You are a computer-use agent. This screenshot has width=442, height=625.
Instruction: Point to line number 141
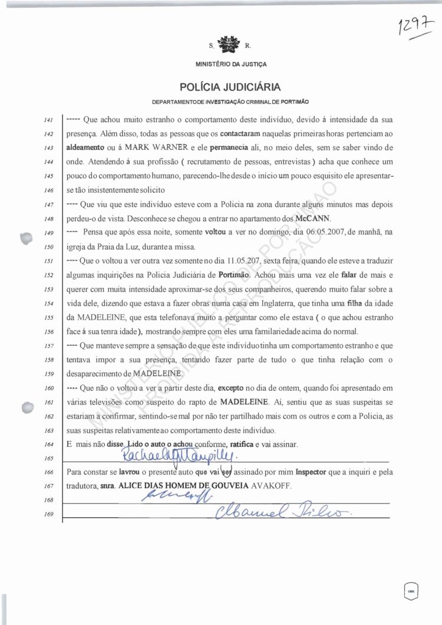[x=49, y=120]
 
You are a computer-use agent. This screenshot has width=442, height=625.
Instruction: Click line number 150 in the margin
[x=49, y=246]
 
